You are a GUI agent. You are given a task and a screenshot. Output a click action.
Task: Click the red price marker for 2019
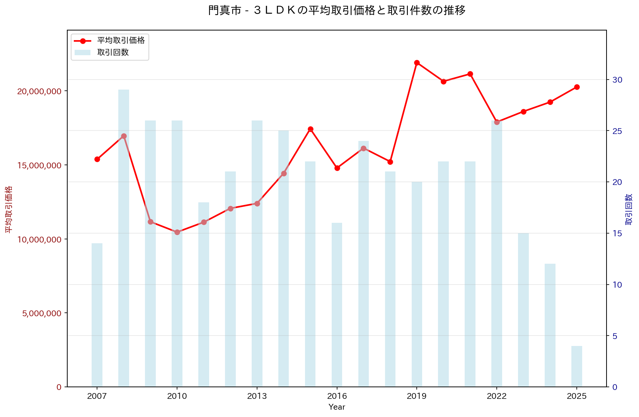(417, 63)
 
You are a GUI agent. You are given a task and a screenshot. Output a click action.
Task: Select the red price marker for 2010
(177, 232)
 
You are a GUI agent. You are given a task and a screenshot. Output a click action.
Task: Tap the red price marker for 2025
(577, 87)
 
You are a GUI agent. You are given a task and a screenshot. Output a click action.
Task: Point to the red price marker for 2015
(310, 129)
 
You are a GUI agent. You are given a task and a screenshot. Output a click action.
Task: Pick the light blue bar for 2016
(337, 305)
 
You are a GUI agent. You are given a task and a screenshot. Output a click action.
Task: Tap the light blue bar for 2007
(97, 315)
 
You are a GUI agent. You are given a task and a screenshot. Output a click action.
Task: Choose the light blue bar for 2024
(550, 325)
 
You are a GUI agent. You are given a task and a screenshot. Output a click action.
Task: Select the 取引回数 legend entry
(113, 53)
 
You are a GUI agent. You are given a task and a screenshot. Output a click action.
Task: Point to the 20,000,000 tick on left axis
(39, 91)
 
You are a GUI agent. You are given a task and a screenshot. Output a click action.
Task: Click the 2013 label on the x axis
(257, 397)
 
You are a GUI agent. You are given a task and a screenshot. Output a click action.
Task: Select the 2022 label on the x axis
(497, 397)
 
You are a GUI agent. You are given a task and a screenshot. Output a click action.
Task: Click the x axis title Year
(337, 407)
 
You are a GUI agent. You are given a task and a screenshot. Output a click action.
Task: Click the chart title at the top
(337, 10)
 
